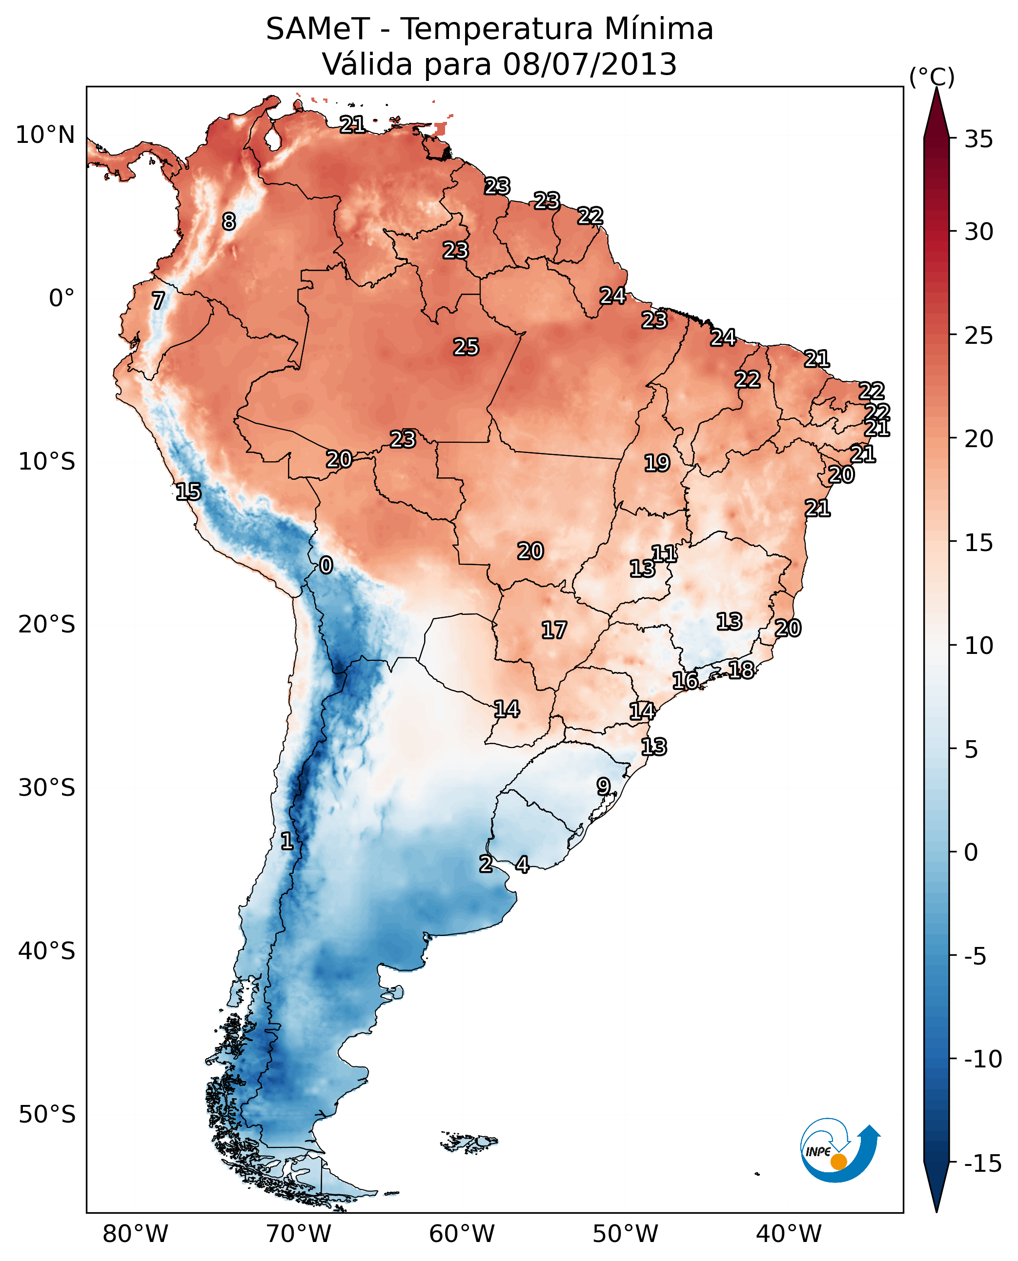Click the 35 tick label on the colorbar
(978, 139)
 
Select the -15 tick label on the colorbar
(983, 1162)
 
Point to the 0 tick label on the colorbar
(971, 852)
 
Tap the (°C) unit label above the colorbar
(932, 77)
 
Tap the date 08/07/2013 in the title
(590, 64)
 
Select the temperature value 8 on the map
(229, 221)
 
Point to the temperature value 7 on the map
(158, 300)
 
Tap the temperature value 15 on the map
(188, 492)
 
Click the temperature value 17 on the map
(553, 630)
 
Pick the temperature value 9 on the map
(603, 787)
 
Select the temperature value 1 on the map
(287, 841)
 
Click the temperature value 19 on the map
(657, 463)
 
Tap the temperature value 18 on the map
(741, 670)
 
